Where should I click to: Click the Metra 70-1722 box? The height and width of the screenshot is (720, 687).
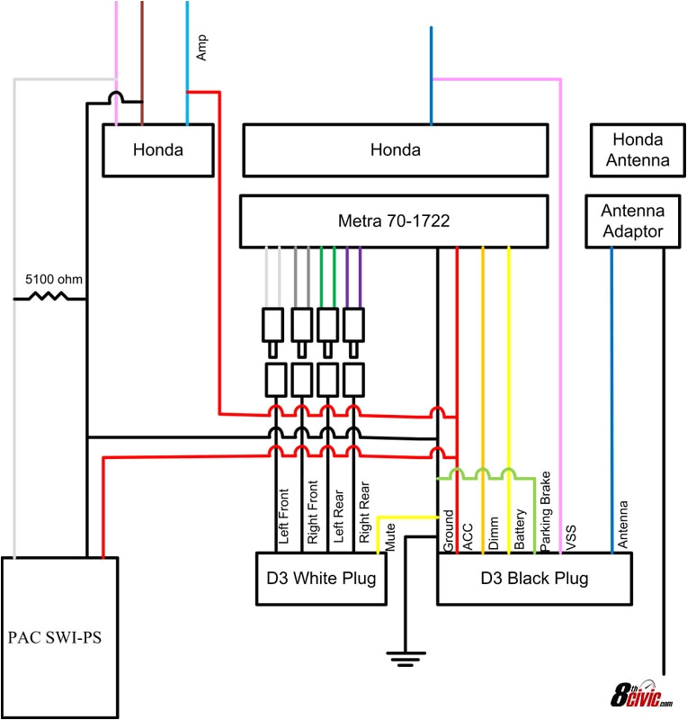[x=394, y=220]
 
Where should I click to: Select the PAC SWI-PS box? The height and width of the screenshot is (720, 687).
[x=61, y=638]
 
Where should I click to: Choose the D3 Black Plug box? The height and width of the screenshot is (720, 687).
[x=534, y=578]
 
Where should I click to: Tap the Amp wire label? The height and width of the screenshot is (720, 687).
[x=201, y=49]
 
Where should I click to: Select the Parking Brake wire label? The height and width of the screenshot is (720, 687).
[x=546, y=510]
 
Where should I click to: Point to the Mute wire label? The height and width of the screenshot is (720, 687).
[x=390, y=539]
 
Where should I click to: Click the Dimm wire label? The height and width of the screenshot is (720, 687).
[x=494, y=535]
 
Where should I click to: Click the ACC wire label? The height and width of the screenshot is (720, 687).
[x=468, y=537]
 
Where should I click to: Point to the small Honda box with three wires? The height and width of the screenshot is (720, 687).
[x=158, y=150]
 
